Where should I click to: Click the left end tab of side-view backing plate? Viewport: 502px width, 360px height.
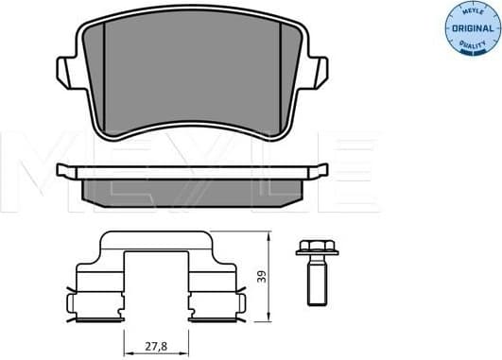(x=65, y=171)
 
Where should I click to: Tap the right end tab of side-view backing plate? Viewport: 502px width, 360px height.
(x=320, y=171)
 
